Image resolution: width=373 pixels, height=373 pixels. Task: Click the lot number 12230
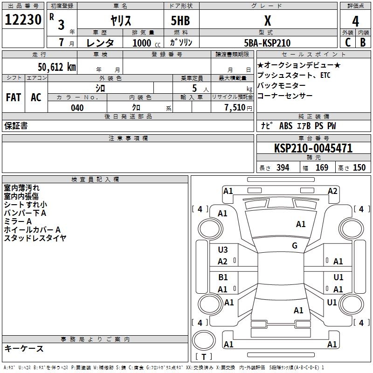[x=23, y=21]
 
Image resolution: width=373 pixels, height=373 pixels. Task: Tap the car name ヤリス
[x=120, y=21]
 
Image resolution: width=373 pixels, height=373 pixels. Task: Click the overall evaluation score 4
[x=355, y=21]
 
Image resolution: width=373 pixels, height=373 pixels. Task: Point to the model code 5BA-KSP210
[x=267, y=43]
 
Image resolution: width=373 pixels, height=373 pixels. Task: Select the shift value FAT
[x=14, y=97]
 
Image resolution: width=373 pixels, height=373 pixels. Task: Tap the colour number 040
[x=77, y=108]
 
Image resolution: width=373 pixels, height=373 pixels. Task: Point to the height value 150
[x=359, y=168]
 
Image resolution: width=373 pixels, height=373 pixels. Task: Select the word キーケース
[x=24, y=348]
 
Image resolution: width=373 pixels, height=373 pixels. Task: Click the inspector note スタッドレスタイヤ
[x=35, y=238]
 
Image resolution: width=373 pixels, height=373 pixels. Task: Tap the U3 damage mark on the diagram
[x=222, y=250]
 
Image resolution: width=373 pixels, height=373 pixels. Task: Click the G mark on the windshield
[x=295, y=246]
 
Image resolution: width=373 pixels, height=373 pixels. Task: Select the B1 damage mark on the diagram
[x=223, y=277]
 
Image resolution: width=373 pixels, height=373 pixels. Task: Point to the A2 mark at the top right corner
[x=332, y=191]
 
